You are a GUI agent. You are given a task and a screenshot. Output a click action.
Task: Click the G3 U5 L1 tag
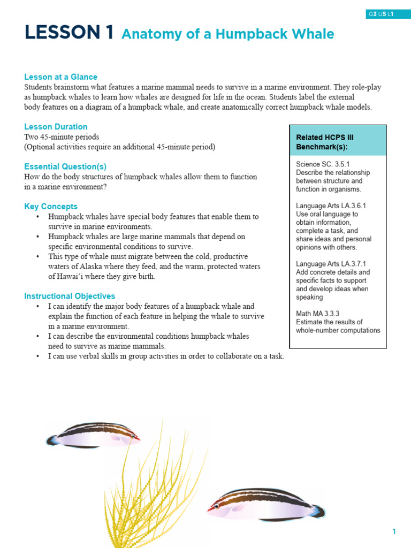tap(380, 14)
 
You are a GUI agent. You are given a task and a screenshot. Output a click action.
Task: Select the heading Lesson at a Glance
tap(60, 77)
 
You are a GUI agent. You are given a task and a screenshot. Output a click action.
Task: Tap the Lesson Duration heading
tap(56, 127)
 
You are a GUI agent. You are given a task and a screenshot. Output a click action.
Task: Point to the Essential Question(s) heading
tap(65, 166)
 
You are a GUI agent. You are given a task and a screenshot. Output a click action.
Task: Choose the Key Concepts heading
tap(51, 207)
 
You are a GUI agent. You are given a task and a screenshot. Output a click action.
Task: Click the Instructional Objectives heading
tap(70, 296)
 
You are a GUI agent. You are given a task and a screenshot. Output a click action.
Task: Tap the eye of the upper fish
tap(132, 436)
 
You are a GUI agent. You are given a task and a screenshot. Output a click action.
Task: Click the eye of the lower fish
tap(216, 506)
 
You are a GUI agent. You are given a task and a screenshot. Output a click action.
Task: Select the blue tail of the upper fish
tap(52, 440)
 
